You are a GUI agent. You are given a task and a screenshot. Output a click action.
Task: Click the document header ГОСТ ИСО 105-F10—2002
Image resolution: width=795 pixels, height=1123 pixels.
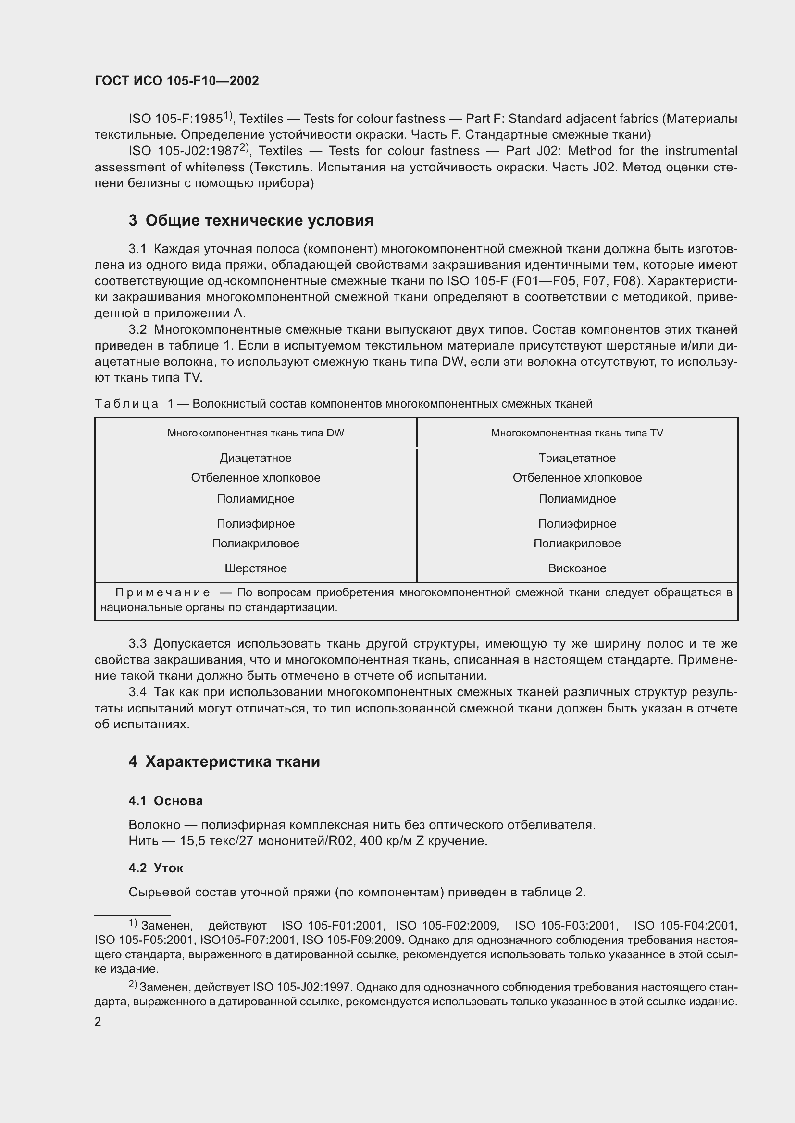click(x=176, y=81)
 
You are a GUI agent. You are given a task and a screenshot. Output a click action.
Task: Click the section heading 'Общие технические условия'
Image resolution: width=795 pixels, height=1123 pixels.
click(x=259, y=220)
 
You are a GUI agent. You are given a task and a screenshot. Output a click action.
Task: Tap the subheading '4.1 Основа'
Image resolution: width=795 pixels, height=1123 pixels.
click(x=165, y=801)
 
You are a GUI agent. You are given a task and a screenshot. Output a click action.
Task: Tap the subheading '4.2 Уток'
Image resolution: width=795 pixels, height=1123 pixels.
click(x=156, y=868)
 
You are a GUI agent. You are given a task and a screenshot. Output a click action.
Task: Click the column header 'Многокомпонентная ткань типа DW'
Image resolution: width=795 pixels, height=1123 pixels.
click(x=256, y=433)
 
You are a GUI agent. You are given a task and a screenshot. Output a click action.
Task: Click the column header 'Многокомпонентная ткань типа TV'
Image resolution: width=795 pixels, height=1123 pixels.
click(x=577, y=433)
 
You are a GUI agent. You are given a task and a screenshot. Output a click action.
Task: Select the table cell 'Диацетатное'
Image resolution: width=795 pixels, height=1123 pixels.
click(x=256, y=458)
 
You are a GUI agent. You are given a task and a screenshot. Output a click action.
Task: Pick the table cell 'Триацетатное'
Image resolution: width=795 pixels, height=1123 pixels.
click(x=577, y=458)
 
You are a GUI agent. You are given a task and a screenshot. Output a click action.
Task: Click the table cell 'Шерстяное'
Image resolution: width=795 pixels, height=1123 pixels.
click(x=256, y=568)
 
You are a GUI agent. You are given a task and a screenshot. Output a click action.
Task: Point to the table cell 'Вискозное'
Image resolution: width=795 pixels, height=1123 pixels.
click(x=577, y=568)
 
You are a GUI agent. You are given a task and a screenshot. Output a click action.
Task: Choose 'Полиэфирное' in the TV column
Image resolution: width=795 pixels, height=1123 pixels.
click(x=577, y=524)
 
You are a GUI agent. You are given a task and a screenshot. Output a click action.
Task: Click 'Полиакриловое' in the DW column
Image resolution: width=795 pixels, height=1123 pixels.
click(x=256, y=543)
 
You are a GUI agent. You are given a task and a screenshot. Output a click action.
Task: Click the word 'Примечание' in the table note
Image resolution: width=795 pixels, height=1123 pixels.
click(x=162, y=593)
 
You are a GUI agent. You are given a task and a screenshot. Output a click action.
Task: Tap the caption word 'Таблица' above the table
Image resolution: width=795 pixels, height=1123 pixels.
click(x=126, y=404)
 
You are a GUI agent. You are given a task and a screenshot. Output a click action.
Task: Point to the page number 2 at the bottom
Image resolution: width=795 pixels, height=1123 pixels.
click(x=98, y=1022)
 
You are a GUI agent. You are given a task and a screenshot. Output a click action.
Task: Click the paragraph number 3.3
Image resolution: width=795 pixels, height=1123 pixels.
click(x=137, y=644)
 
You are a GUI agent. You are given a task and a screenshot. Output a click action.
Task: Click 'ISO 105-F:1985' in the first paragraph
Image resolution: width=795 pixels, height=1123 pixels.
click(x=175, y=119)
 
